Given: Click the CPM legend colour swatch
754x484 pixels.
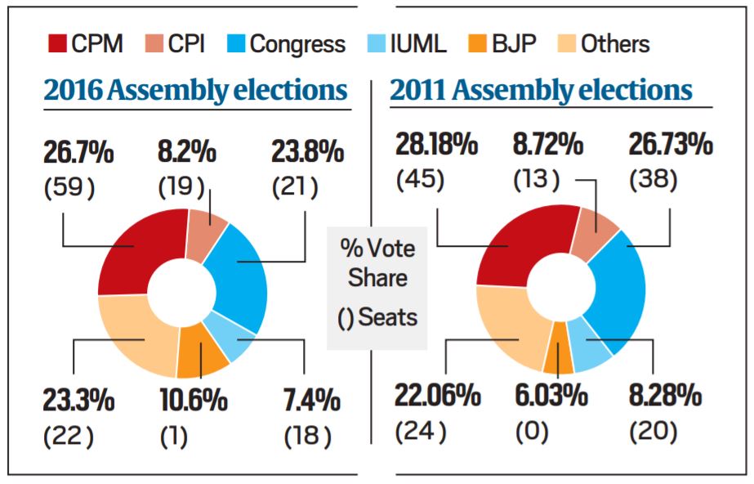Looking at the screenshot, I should (56, 43).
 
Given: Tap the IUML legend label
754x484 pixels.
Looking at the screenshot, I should (418, 43).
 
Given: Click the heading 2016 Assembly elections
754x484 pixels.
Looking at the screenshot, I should (195, 90).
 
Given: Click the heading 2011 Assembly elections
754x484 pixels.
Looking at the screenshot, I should (541, 90).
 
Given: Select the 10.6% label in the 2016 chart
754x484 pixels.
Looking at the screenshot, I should (193, 401).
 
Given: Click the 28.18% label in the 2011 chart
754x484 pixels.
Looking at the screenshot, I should (436, 146).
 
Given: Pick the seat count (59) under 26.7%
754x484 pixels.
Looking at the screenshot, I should (69, 188).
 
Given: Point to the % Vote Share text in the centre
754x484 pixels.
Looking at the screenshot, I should (377, 262).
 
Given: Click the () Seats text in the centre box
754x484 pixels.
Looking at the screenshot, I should (377, 316).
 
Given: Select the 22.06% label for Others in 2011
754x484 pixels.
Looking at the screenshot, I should (436, 396).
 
